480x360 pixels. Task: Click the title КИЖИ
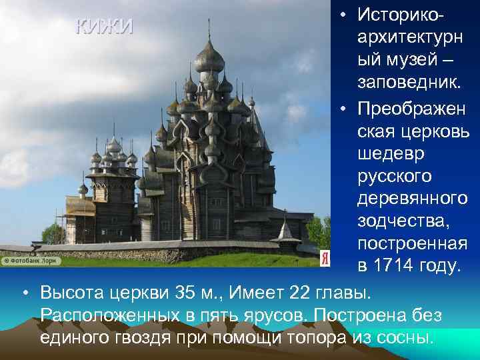click(x=105, y=27)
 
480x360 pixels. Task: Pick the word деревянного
click(x=413, y=198)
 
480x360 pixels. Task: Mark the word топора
click(x=307, y=337)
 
